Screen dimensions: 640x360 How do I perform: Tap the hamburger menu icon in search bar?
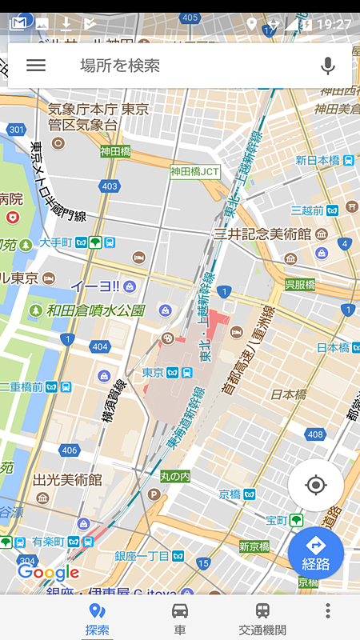click(x=36, y=66)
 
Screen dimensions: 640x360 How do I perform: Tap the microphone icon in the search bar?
click(x=327, y=66)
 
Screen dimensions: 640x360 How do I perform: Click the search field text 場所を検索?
click(x=120, y=66)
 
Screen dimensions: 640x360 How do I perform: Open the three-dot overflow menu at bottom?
click(x=327, y=611)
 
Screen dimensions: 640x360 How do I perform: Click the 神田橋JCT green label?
click(x=194, y=171)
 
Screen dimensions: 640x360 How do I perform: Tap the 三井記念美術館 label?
click(x=262, y=234)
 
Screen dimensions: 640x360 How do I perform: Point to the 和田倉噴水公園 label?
click(x=96, y=310)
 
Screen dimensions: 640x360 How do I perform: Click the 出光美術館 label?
click(x=67, y=480)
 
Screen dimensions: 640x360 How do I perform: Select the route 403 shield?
click(x=110, y=186)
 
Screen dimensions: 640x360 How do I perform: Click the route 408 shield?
click(x=314, y=434)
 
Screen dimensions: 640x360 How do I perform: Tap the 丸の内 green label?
click(x=174, y=477)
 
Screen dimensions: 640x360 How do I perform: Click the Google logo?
click(x=48, y=573)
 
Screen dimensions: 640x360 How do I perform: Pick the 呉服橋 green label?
click(x=300, y=285)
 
